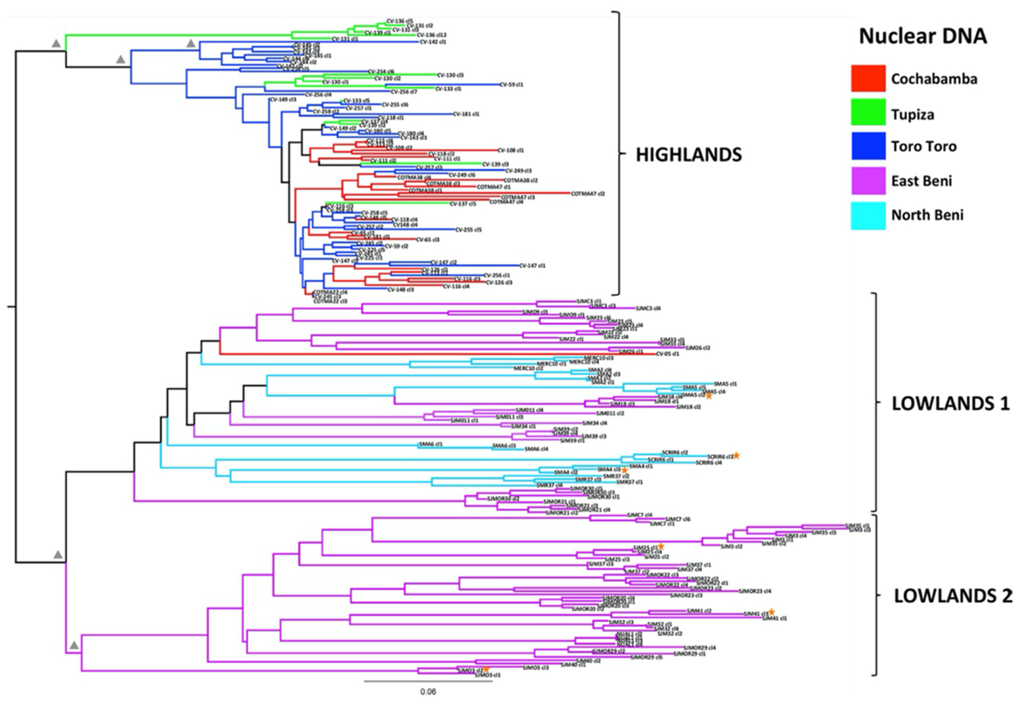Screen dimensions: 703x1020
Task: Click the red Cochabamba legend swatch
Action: click(868, 78)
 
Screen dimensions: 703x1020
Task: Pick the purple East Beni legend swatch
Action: click(868, 180)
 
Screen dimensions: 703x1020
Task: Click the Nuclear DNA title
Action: click(923, 36)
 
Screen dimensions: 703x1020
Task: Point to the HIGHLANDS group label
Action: click(689, 155)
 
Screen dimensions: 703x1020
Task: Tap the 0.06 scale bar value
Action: click(428, 691)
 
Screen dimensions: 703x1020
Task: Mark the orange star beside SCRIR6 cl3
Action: click(736, 456)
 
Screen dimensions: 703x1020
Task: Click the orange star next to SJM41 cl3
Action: click(771, 612)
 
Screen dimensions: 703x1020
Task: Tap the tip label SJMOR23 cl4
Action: click(755, 591)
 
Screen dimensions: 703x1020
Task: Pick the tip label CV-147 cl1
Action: click(532, 266)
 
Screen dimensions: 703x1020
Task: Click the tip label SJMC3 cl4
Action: click(648, 308)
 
